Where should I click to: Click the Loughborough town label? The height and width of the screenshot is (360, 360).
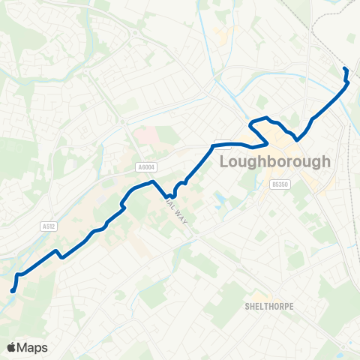tap(274, 161)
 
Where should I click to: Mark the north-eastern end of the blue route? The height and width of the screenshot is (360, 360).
tap(345, 70)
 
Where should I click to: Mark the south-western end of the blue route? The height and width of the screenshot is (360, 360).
tap(13, 291)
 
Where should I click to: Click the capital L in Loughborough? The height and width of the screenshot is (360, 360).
tap(223, 162)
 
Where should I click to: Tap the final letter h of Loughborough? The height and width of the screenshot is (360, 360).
tap(326, 161)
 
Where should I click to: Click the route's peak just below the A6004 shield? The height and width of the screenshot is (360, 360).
tap(152, 181)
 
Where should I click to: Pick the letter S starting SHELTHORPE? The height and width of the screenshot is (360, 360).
tap(247, 306)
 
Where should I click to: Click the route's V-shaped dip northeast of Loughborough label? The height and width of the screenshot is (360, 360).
tap(297, 139)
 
